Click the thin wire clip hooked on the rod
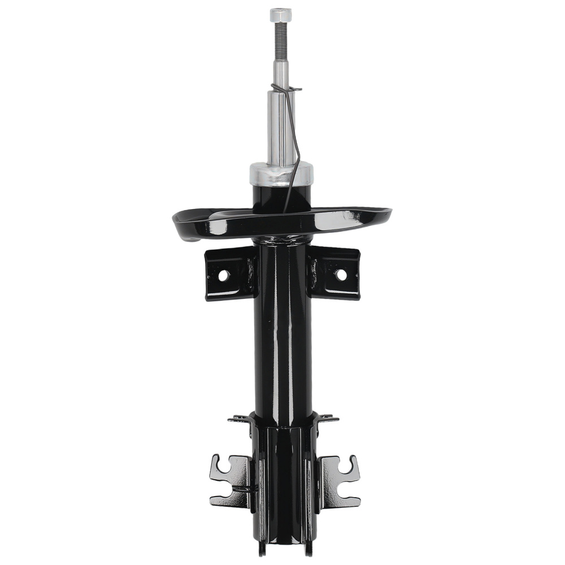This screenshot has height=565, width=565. coord(292,141)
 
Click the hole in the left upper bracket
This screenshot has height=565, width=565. coord(223,276)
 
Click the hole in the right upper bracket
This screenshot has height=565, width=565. coord(340,275)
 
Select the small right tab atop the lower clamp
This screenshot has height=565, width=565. coord(327,419)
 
